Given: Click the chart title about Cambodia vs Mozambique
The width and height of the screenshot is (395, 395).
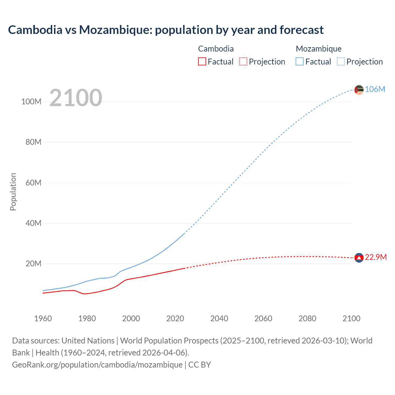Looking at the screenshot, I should tap(166, 30).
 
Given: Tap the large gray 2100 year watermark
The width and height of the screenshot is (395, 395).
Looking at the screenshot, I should tap(76, 98).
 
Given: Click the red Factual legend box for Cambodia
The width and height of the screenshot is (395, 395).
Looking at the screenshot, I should tap(202, 61).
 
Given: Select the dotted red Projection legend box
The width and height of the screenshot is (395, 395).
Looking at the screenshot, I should tap(243, 61).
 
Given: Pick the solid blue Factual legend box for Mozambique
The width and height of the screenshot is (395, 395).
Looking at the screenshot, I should tap(299, 61).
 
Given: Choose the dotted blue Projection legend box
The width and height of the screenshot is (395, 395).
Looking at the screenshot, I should tap(341, 61).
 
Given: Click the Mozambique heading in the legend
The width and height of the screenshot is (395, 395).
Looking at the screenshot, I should tap(318, 49).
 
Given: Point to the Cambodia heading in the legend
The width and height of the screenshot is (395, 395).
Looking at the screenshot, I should tap(216, 49).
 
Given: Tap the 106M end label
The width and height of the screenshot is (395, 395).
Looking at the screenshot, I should tap(375, 89).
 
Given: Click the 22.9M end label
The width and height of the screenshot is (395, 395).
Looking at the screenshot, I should tap(376, 257).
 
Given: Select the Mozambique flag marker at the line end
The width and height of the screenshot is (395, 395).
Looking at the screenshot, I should tap(359, 90).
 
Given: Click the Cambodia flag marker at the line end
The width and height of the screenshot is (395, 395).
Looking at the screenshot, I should tap(359, 258).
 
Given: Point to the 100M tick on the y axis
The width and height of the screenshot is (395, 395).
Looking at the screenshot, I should tap(31, 102).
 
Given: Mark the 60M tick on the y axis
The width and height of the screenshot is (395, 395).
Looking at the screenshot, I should tap(33, 183).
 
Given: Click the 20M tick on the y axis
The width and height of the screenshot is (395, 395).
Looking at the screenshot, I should tap(33, 264).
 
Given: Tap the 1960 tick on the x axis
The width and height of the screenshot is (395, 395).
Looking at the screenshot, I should tap(43, 318).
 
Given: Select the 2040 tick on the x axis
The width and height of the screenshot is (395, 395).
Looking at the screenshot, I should tap(219, 318).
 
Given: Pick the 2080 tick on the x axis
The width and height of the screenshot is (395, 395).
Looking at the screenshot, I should tap(307, 318).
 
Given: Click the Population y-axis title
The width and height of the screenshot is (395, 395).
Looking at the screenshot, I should tap(13, 192).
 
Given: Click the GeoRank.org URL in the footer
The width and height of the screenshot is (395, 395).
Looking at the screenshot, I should tap(97, 365).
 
